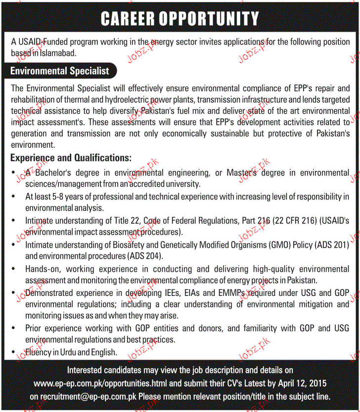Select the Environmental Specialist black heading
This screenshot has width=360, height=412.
[60, 71]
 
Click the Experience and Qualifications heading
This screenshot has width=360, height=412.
[71, 158]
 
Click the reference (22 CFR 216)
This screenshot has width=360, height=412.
[294, 220]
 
